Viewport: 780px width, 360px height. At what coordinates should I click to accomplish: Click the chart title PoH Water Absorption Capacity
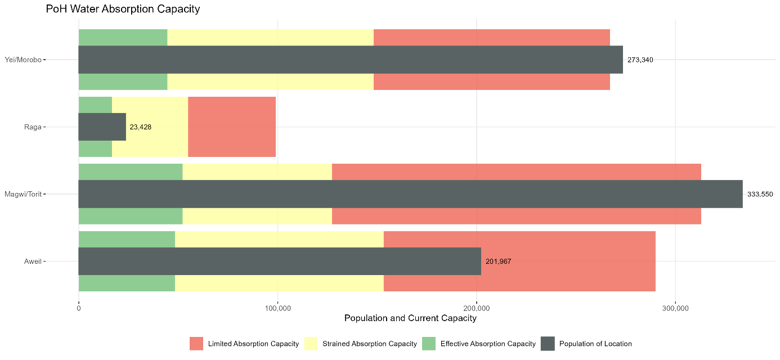tap(123, 9)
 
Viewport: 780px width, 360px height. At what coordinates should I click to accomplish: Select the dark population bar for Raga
tap(102, 127)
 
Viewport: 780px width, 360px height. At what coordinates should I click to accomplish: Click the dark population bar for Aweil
tap(280, 262)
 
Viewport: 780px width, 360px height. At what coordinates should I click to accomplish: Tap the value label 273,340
tap(640, 60)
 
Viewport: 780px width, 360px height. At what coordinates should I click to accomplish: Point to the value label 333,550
tap(760, 194)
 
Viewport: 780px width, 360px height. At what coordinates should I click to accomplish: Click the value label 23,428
tap(140, 127)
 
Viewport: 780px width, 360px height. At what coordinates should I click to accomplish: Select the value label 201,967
tap(498, 262)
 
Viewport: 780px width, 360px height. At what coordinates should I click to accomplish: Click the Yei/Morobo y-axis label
tap(23, 60)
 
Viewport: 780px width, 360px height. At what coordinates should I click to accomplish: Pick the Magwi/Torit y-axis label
tap(23, 194)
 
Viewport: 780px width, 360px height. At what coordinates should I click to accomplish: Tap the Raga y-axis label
tap(33, 127)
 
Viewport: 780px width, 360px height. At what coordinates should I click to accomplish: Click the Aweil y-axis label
tap(32, 262)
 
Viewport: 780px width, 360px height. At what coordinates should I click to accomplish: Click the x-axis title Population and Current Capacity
tap(410, 318)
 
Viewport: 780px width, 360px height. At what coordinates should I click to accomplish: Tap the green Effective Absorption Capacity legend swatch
tap(429, 344)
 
